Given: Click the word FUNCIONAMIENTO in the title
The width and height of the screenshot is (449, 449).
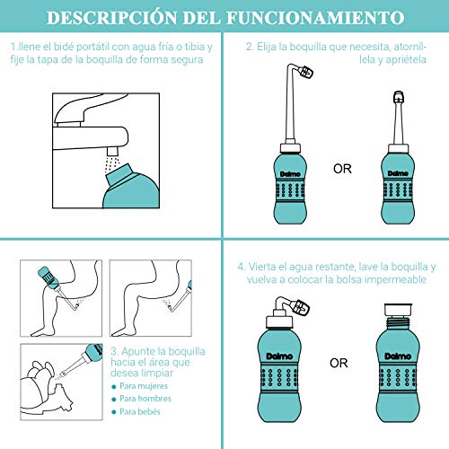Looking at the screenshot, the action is coord(315,18).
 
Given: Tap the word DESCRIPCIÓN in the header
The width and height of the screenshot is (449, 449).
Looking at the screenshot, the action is coord(111,17).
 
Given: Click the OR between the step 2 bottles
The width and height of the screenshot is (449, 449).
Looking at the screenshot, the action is coord(342,169).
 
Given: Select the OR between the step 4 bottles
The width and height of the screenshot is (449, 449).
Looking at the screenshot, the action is coord(339,363).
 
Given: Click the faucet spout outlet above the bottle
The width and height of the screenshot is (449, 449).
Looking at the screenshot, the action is coord(112,151).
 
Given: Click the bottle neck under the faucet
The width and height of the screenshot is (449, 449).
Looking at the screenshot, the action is coord(119,173).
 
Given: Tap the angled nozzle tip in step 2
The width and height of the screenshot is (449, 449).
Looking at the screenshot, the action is coord(306,73).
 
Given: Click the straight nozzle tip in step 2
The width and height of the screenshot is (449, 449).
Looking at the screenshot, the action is coord(399,96).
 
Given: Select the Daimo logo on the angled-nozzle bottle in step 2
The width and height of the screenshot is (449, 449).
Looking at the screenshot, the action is coord(290,174).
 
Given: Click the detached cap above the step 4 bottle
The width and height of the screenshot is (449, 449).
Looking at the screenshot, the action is coord(398,310).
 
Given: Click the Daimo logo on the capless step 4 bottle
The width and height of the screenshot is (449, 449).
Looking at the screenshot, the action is coord(398,356).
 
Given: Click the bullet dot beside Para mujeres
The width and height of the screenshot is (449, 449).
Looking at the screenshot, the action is coord(113,387).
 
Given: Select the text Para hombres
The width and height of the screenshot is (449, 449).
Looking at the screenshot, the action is coord(145,399).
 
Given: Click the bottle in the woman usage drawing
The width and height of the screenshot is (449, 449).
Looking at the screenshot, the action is coord(48,277).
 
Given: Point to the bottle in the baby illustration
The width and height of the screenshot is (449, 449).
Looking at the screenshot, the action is coord(92,352).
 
